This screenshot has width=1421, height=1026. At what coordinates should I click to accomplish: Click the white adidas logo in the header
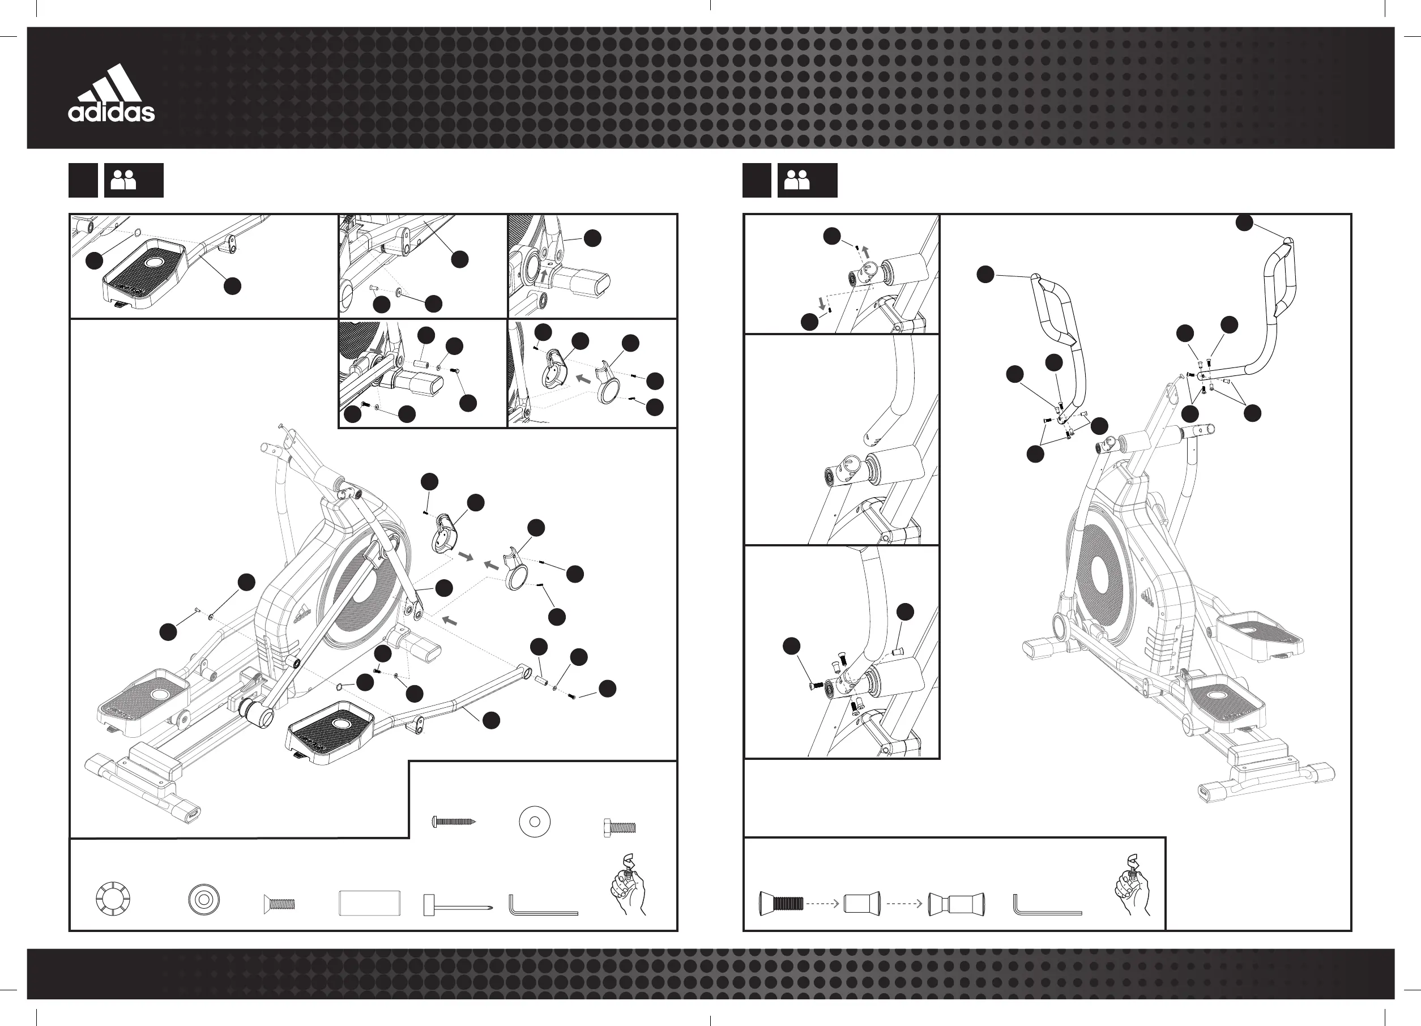(x=112, y=93)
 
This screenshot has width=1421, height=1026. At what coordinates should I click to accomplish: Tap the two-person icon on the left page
(x=123, y=181)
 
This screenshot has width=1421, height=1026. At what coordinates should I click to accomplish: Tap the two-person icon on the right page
(x=797, y=181)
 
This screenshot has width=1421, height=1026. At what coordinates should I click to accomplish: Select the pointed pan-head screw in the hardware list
(x=454, y=821)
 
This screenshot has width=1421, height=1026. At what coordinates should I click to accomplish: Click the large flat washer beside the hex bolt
(x=535, y=821)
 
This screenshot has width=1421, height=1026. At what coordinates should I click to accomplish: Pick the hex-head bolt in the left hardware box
(x=619, y=827)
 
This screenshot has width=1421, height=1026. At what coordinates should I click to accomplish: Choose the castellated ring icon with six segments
(x=113, y=900)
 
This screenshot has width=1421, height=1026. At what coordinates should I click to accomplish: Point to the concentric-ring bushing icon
(x=204, y=900)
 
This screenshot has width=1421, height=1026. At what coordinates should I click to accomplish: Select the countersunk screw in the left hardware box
(x=279, y=904)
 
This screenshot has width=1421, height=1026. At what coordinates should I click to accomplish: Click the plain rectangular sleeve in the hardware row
(x=370, y=903)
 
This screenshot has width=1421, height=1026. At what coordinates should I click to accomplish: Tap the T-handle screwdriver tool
(x=456, y=905)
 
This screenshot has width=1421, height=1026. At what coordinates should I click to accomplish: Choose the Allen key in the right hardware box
(x=1046, y=905)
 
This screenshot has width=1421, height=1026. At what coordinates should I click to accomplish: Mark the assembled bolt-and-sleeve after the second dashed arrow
(x=956, y=904)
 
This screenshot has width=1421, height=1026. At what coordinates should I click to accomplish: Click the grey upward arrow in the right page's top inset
(x=866, y=253)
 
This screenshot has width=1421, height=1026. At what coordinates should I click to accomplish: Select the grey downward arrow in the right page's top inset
(x=822, y=303)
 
